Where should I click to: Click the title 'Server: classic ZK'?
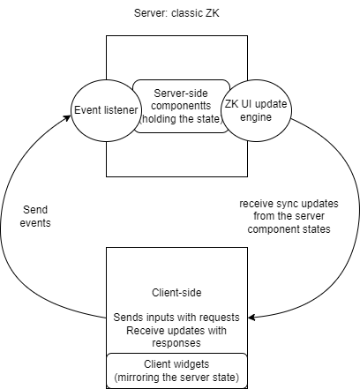point(176,13)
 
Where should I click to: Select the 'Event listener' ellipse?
point(106,110)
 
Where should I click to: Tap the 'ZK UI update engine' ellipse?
point(256,110)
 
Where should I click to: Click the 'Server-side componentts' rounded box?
point(181,106)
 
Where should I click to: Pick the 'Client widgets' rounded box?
point(176,370)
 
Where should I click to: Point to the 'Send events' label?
point(35,216)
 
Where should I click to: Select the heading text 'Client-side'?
point(176,293)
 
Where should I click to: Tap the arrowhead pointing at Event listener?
point(68,117)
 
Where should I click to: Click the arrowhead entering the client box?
point(251,318)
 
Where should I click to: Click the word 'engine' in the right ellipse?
point(256,117)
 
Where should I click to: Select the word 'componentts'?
point(181,106)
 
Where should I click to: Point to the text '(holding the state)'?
point(181,119)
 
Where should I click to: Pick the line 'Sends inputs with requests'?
point(176,318)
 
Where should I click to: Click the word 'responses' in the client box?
point(176,343)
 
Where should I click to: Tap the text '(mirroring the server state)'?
point(176,378)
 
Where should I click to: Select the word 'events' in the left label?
point(35,223)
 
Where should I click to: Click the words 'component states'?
point(289,229)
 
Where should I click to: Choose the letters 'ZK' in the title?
point(213,13)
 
